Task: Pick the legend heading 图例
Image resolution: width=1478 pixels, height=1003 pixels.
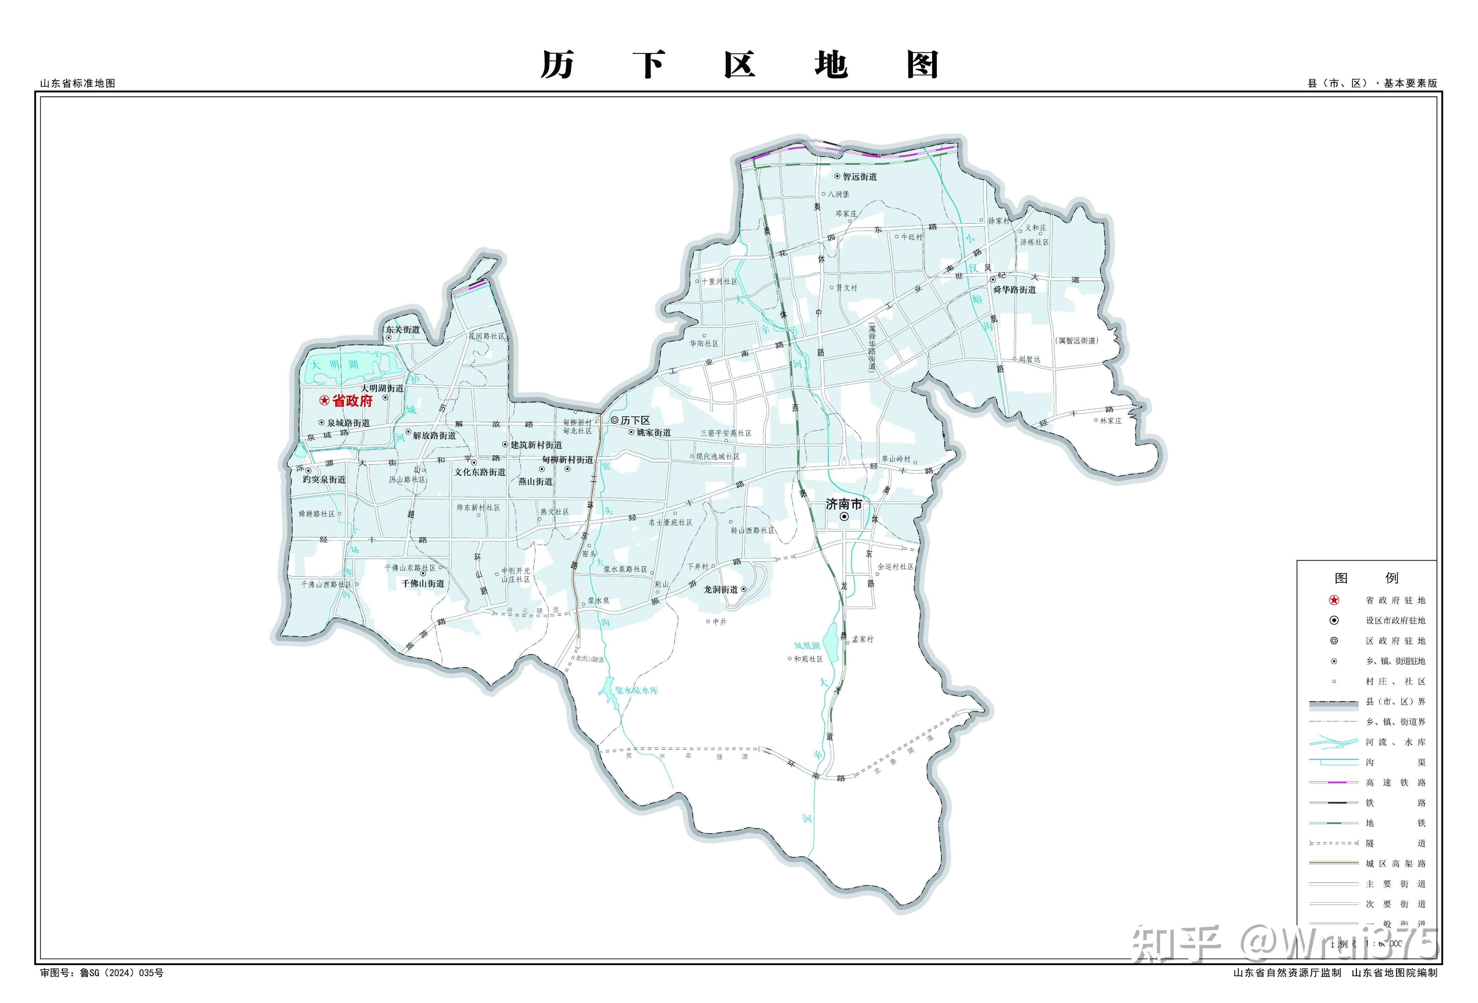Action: [x=1366, y=577]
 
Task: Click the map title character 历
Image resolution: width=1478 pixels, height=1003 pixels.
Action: [x=557, y=65]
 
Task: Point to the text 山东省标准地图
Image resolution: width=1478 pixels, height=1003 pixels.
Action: [x=77, y=83]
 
